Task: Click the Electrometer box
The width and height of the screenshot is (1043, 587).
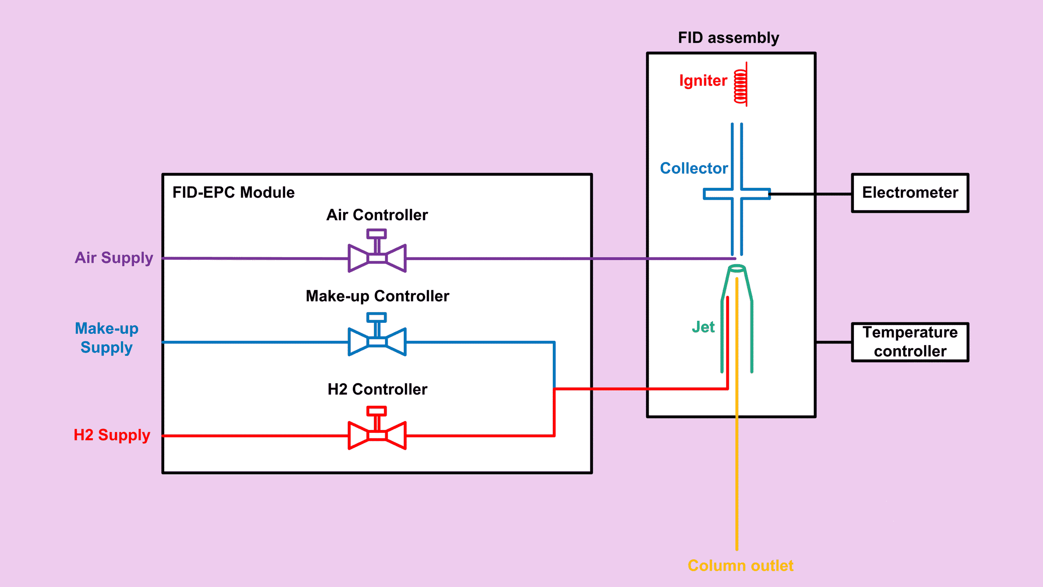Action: (910, 193)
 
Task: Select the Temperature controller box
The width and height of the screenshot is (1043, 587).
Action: (910, 342)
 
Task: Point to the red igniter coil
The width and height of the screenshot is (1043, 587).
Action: (740, 86)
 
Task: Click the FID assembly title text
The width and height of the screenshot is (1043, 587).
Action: (728, 38)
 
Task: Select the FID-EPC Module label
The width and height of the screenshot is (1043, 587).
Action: (233, 192)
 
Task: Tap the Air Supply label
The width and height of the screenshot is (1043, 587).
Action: (114, 258)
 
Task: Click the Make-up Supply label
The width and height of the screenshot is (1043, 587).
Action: (106, 338)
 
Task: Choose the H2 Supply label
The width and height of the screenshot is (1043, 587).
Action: (112, 435)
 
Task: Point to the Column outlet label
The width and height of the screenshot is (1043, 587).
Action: (740, 566)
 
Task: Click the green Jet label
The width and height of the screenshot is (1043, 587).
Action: (703, 327)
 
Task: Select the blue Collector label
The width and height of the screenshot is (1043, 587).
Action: (693, 168)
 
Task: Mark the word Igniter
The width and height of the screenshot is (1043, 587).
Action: (703, 81)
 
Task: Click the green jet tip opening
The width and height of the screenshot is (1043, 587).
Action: (737, 268)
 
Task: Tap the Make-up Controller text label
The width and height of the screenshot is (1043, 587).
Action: (377, 296)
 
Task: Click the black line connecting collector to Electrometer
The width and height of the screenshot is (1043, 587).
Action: (811, 194)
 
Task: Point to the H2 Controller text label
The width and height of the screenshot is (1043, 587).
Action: (377, 389)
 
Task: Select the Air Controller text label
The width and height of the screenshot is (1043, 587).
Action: (377, 215)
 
